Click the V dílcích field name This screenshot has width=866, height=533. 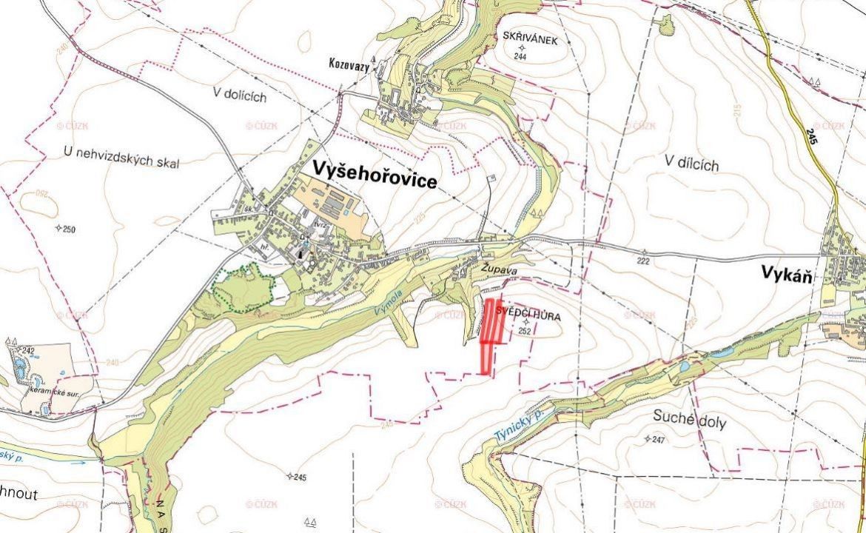click(x=691, y=164)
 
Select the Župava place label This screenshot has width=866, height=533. click(x=498, y=271)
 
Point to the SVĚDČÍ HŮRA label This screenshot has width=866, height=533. click(x=528, y=316)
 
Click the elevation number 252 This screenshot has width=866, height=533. click(x=526, y=332)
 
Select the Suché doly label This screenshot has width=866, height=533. click(x=689, y=423)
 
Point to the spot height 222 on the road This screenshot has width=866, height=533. click(x=642, y=262)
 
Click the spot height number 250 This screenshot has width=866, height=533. click(x=69, y=229)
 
